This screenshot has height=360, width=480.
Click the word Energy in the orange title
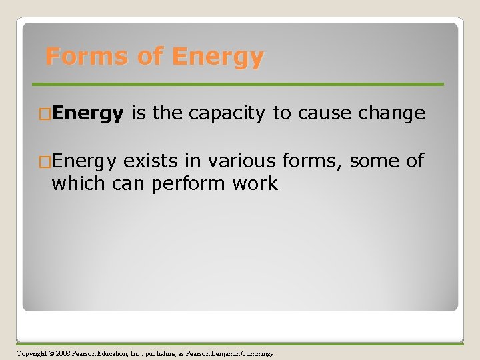(217, 57)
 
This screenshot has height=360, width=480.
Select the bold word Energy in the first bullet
(87, 114)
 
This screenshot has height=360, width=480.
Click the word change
(391, 114)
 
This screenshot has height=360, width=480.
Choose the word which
(76, 183)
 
